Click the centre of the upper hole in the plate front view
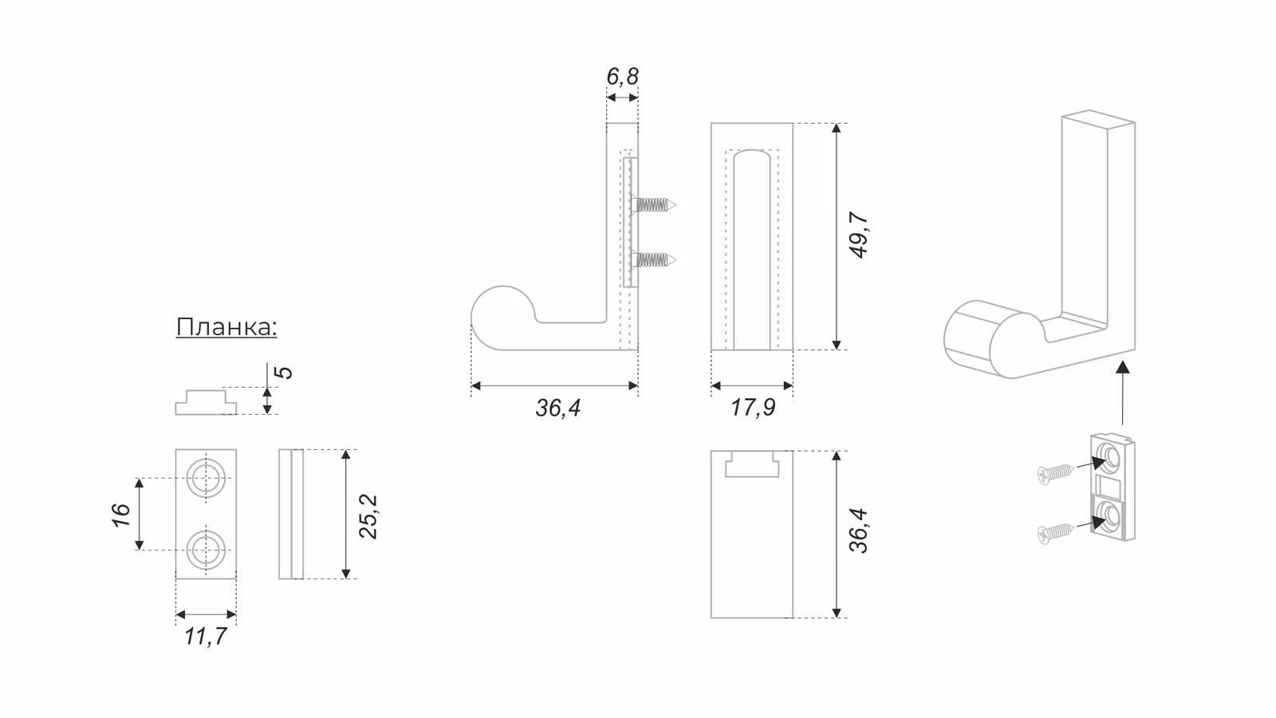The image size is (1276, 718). (x=207, y=478)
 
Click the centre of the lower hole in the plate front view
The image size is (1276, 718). (x=207, y=550)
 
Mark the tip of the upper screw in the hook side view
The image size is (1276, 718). (x=677, y=204)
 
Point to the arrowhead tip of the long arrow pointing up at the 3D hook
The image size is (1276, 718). (x=1123, y=361)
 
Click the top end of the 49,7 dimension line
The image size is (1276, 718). (x=837, y=123)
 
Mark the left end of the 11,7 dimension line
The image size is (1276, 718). (x=176, y=614)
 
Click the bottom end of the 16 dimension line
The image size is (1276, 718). (x=139, y=550)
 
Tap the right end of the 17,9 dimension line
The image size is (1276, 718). (x=793, y=386)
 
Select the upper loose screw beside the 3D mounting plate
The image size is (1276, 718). (x=1056, y=474)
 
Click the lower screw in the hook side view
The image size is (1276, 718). (x=653, y=260)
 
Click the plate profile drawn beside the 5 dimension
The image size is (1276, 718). (x=206, y=402)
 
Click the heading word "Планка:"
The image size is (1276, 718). (x=226, y=327)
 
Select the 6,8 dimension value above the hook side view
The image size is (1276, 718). (x=622, y=76)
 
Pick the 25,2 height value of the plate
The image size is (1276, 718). (x=368, y=516)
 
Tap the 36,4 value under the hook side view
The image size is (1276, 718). (x=557, y=408)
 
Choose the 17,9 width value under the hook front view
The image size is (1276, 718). (x=753, y=408)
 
